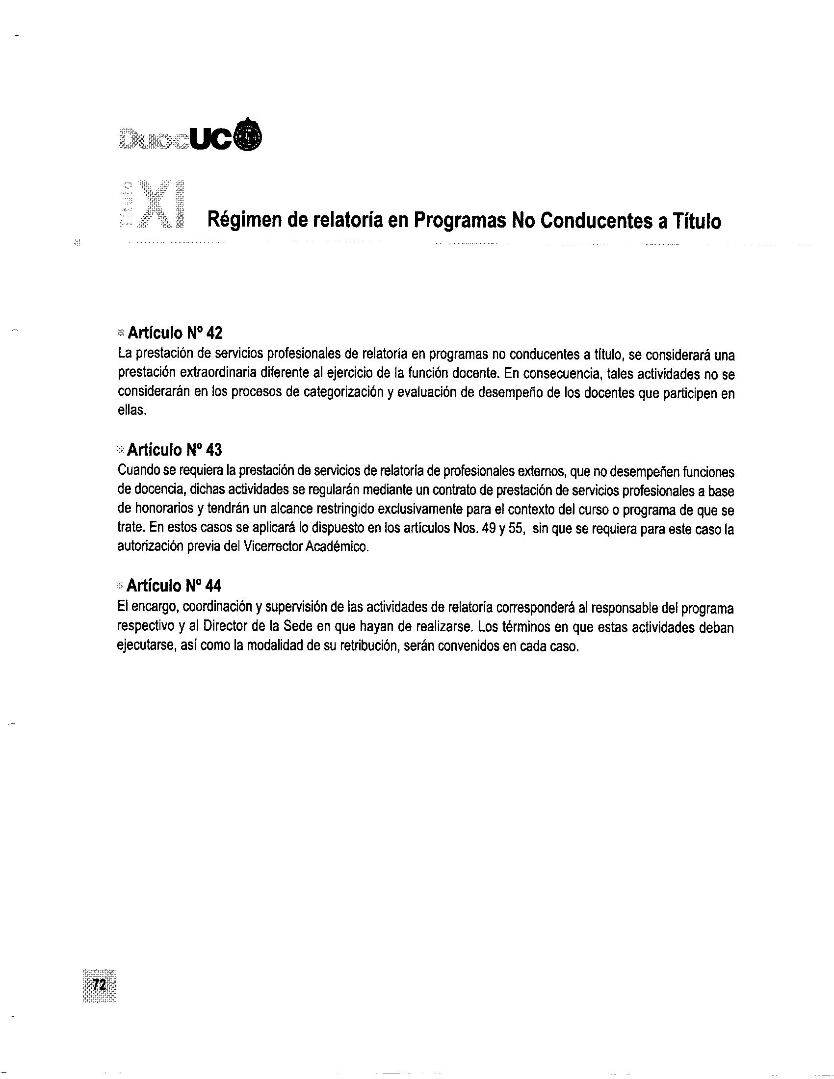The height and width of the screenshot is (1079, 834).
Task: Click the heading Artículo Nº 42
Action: pyautogui.click(x=175, y=333)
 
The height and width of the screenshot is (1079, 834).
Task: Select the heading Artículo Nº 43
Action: pyautogui.click(x=175, y=450)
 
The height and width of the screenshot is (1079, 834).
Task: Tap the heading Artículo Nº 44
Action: pyautogui.click(x=174, y=586)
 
